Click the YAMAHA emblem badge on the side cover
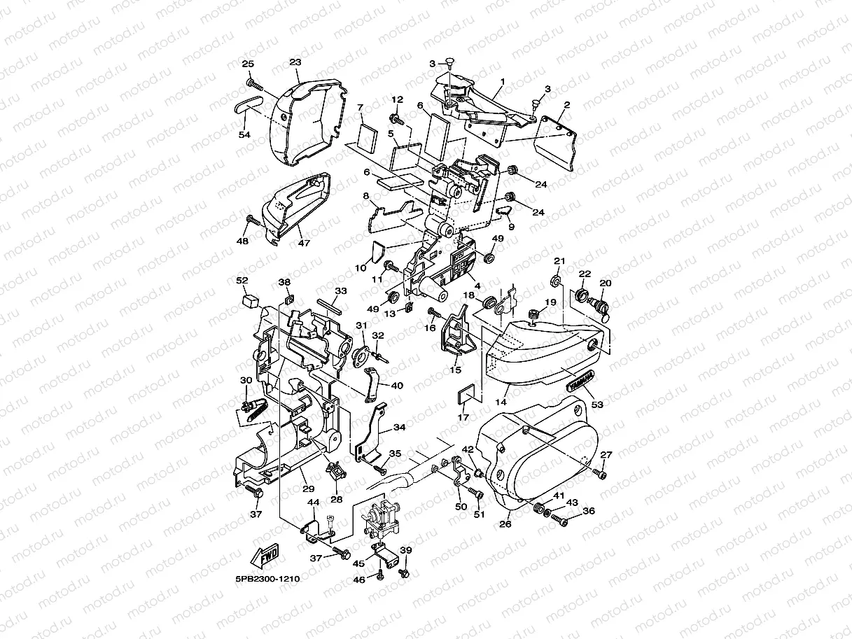[580, 380]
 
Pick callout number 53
[597, 405]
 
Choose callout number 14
[500, 402]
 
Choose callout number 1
[502, 81]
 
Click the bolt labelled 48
[253, 223]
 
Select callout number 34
[398, 426]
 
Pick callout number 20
[606, 283]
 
